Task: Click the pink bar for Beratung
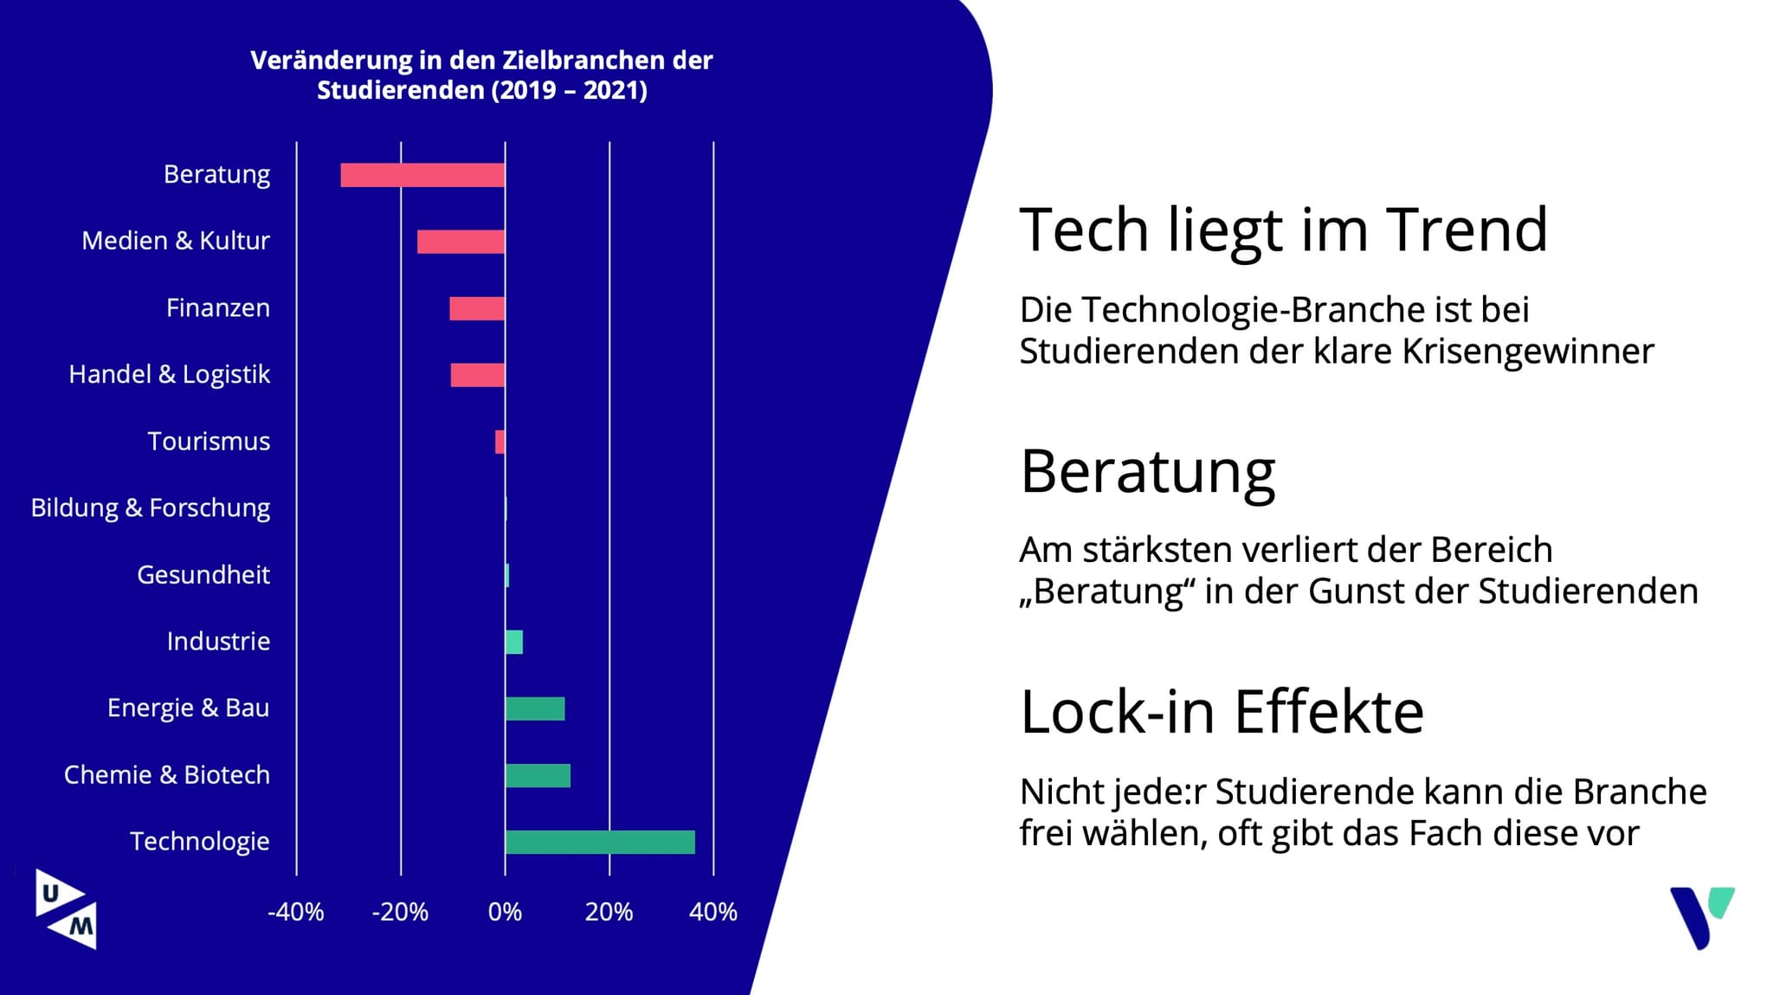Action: pos(422,175)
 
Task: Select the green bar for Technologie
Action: pos(600,842)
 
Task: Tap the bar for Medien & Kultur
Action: pos(461,242)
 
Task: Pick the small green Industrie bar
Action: pos(514,642)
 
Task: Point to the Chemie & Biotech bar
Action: pos(538,775)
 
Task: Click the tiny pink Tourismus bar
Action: pos(500,442)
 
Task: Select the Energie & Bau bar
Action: pos(535,708)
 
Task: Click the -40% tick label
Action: pos(295,912)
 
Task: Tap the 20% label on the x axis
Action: pos(609,912)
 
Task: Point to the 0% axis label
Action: pos(505,912)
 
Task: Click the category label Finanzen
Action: pos(218,308)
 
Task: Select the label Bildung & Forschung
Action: pos(151,507)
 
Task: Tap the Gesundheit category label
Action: pos(203,575)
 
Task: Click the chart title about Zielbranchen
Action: pos(481,75)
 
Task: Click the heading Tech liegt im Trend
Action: pos(1283,230)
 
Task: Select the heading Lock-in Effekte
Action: pos(1222,712)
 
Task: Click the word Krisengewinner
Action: pos(1527,352)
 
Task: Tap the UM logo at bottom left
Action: pos(66,908)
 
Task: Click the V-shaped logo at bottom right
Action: pos(1701,916)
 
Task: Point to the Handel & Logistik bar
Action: pos(478,375)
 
